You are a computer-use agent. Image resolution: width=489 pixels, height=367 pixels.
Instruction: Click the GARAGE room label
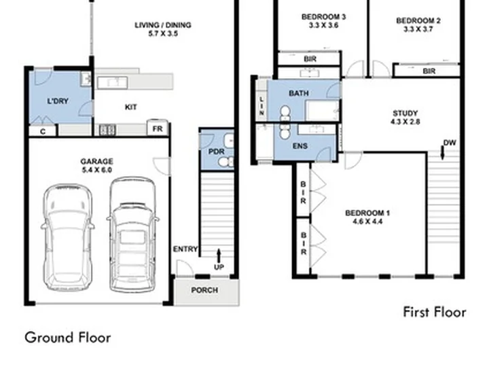[96, 161]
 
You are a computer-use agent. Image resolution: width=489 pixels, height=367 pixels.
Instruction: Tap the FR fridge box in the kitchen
[158, 128]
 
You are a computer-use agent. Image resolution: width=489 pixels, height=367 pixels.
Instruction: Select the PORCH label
[204, 290]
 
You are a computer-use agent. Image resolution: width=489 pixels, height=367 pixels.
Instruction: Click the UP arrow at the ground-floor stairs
[219, 256]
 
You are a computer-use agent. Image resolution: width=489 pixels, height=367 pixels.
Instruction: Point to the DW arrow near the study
[443, 153]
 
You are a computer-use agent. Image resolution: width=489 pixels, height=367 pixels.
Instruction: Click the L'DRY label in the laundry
[58, 101]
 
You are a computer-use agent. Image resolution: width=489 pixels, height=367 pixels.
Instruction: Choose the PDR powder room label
[217, 152]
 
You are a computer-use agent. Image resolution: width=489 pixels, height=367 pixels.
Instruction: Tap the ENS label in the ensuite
[300, 145]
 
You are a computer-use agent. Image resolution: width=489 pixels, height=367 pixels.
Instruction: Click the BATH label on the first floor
[299, 93]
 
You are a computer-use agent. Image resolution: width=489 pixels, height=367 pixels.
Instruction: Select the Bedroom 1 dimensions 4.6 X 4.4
[367, 222]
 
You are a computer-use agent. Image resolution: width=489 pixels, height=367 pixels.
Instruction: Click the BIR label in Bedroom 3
[310, 58]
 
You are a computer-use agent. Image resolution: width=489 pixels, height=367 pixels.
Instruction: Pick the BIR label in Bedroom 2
[429, 71]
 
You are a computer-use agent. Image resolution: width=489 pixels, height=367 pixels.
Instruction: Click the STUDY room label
[405, 113]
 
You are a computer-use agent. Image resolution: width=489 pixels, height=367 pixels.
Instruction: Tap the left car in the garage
[68, 238]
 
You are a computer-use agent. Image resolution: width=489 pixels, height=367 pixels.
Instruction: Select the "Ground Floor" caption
[68, 338]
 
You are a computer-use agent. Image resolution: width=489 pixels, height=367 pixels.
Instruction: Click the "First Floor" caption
[435, 312]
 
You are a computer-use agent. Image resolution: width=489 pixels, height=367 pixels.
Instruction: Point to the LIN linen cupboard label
[261, 106]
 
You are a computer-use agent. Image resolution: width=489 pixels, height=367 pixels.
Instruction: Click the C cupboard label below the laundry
[43, 132]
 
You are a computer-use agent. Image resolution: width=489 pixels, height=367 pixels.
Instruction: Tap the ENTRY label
[185, 249]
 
